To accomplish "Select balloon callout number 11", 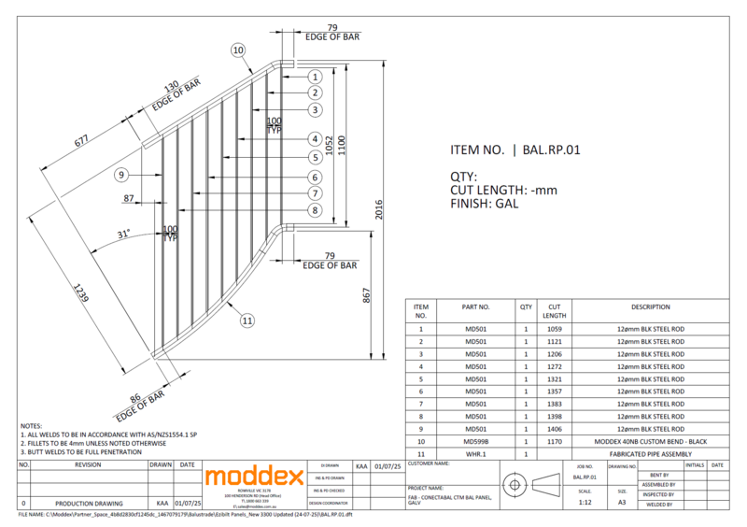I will tap(247, 320).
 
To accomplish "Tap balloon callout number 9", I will tap(121, 175).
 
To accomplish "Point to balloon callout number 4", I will tap(317, 140).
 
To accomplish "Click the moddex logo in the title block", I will tap(254, 477).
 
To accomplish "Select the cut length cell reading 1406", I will tap(554, 429).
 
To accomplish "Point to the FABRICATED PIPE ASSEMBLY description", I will tap(650, 453).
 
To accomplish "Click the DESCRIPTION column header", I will tap(650, 306).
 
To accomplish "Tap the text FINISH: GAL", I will tap(485, 203).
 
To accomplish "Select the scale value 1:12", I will tap(585, 502).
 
